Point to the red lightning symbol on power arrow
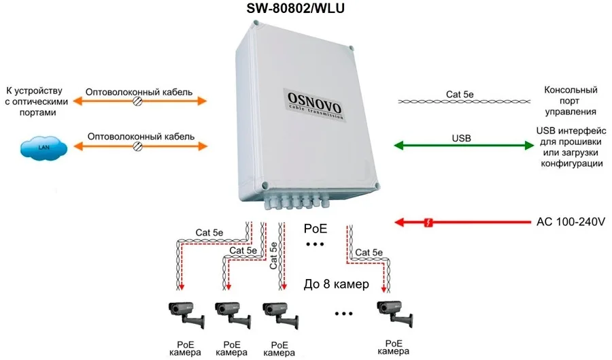[428, 222]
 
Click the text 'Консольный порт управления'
[571, 101]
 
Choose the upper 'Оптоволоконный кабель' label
[139, 91]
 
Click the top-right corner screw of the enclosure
[352, 49]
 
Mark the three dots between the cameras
[344, 314]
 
